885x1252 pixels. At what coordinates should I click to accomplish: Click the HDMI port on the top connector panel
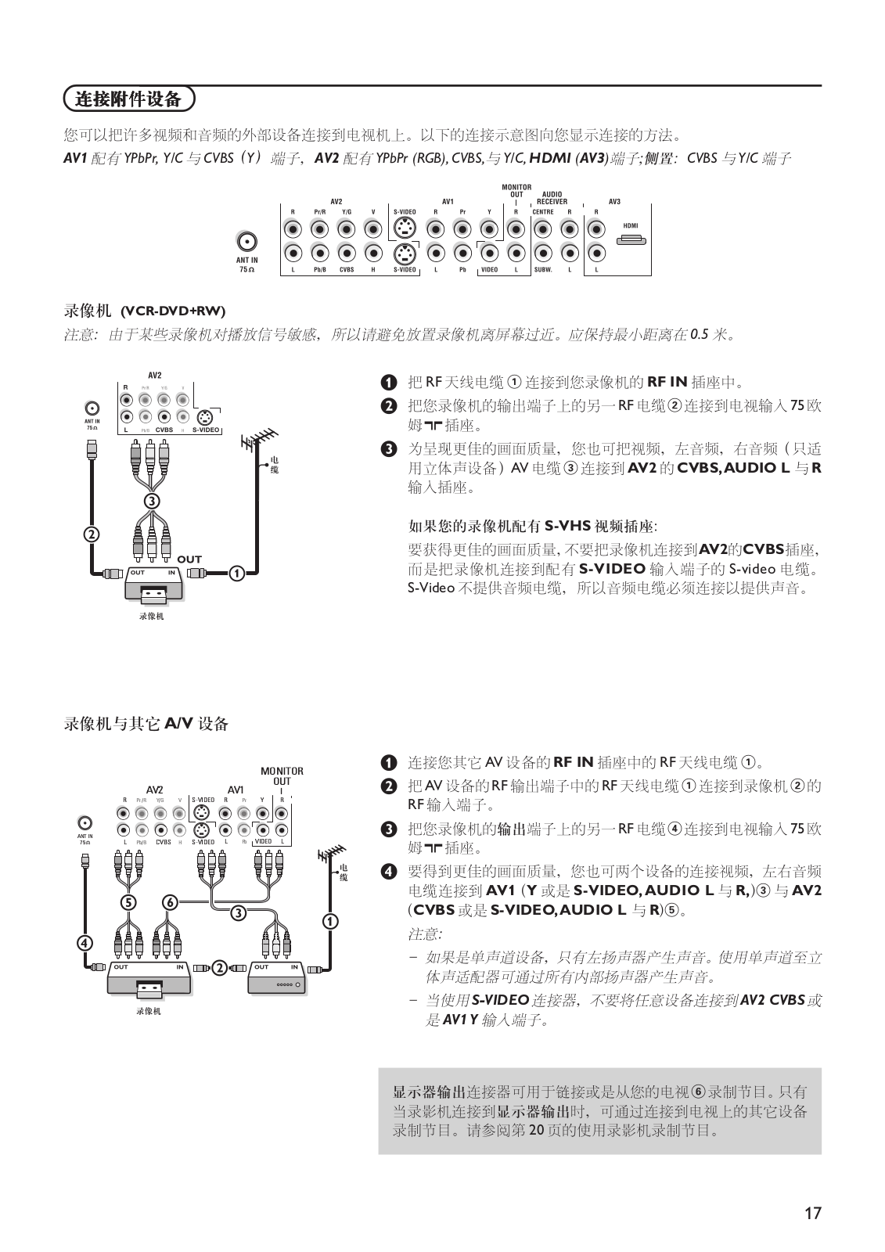tap(631, 239)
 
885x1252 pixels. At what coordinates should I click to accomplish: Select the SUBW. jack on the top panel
tap(542, 254)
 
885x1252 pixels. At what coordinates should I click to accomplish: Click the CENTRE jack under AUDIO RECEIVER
tap(542, 229)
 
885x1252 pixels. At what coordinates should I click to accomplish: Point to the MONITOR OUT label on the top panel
tap(516, 191)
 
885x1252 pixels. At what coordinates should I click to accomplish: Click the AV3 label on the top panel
tap(614, 202)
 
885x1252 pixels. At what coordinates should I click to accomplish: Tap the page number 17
tap(813, 1213)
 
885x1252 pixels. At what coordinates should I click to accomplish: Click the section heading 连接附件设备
tap(128, 99)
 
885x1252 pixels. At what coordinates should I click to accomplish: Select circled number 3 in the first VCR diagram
tap(151, 500)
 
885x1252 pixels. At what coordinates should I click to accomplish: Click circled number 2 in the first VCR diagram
tap(91, 535)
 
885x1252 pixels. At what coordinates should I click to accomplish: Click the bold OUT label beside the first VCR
tap(189, 559)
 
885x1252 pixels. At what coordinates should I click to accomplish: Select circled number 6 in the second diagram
tap(170, 902)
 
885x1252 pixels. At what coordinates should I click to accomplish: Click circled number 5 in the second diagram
tap(127, 902)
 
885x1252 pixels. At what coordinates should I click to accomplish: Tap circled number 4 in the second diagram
tap(85, 942)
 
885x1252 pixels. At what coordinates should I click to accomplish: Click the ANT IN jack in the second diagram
tap(85, 822)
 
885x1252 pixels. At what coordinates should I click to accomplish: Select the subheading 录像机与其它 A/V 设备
tap(146, 724)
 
